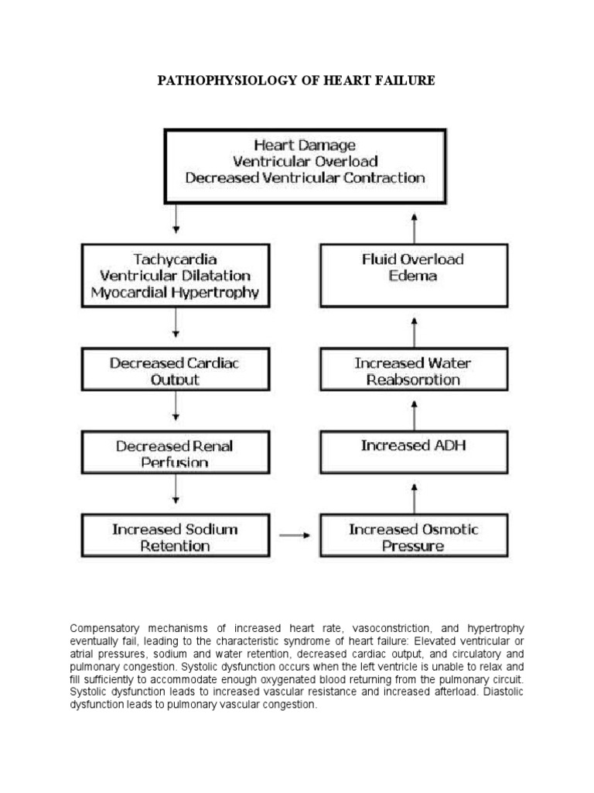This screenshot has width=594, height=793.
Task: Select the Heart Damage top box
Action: click(x=305, y=166)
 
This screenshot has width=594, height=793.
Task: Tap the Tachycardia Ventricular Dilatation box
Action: click(x=176, y=276)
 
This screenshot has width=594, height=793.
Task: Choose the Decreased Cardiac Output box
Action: click(x=176, y=369)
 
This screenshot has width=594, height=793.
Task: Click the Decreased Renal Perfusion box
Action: click(x=176, y=453)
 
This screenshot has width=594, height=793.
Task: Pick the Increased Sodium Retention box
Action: click(x=176, y=537)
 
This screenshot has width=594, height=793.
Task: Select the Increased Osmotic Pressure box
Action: click(x=414, y=537)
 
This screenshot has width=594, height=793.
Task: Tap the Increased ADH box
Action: click(x=414, y=446)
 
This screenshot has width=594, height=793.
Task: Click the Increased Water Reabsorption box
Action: click(x=414, y=369)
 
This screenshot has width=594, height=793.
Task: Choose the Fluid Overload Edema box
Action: click(x=414, y=276)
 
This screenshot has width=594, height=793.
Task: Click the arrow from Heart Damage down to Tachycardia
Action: click(x=176, y=219)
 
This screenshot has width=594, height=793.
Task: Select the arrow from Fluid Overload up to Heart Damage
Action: click(x=414, y=228)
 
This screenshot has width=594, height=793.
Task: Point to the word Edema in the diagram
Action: click(x=414, y=276)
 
